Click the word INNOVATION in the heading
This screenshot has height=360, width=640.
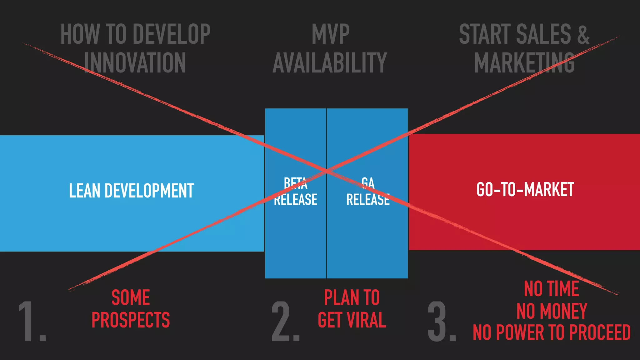(135, 63)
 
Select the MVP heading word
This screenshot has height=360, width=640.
(330, 34)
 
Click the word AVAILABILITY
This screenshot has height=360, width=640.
(330, 63)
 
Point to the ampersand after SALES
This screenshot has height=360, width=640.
(583, 34)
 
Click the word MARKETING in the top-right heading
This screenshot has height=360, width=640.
(524, 63)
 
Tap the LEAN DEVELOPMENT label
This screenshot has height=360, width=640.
(131, 191)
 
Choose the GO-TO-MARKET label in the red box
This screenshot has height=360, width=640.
(525, 189)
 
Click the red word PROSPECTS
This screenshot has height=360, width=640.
(131, 320)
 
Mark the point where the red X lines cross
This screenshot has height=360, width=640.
(327, 171)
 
